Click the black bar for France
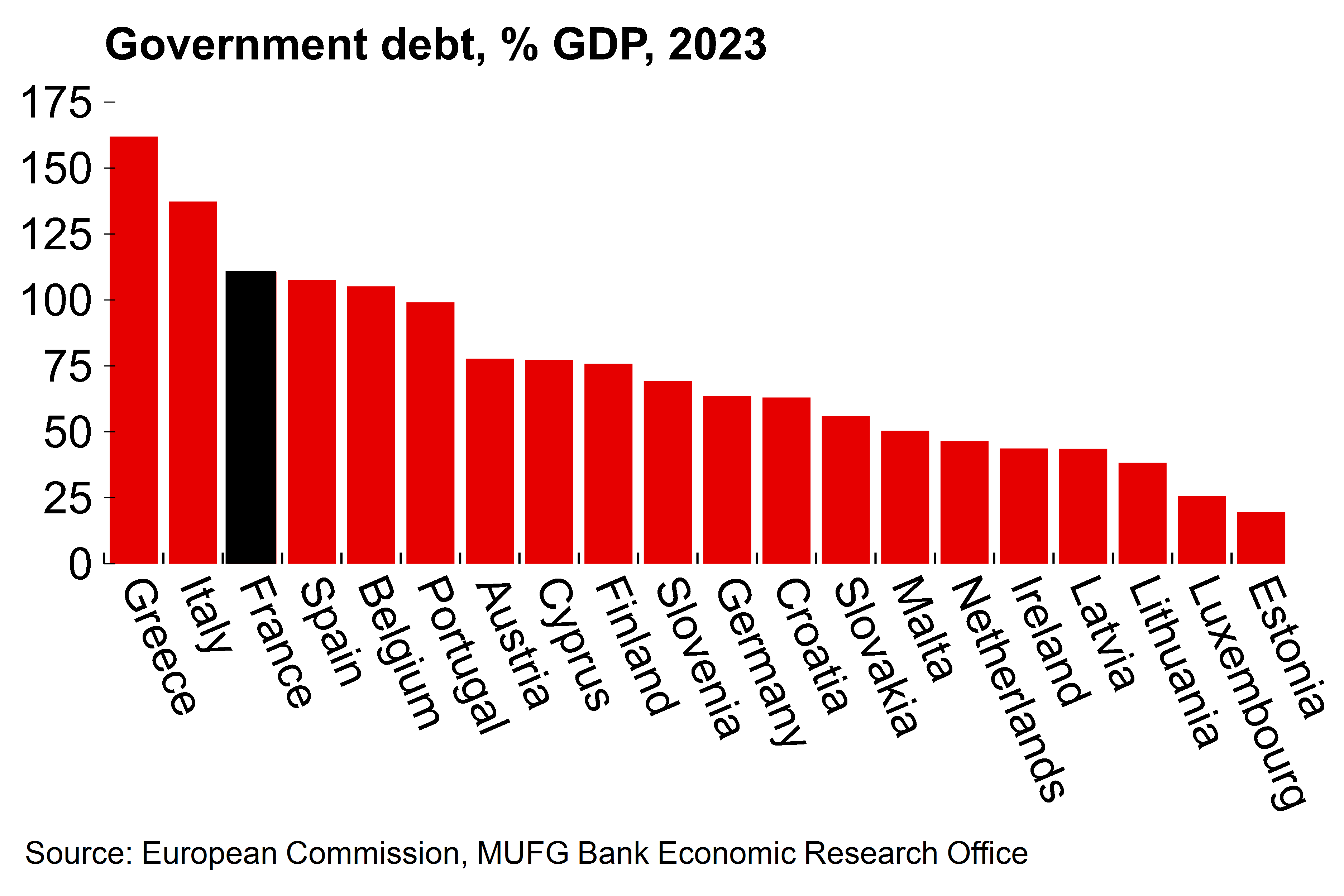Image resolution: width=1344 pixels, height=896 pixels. click(251, 417)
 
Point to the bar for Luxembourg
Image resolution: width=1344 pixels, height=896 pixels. click(1202, 530)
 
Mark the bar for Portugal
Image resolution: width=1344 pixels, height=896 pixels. click(430, 432)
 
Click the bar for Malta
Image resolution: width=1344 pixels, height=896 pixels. click(905, 497)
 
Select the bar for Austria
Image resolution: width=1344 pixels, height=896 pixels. click(490, 461)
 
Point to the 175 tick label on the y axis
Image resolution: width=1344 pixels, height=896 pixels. click(56, 103)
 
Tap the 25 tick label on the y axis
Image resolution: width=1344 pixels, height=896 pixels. click(67, 498)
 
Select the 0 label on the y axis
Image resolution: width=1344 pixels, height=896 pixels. click(80, 565)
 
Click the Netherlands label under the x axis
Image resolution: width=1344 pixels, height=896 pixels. click(1009, 689)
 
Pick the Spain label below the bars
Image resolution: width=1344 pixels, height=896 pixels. click(331, 632)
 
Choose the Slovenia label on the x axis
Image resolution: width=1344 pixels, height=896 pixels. click(698, 657)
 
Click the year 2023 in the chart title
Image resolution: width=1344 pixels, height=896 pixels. click(717, 44)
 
